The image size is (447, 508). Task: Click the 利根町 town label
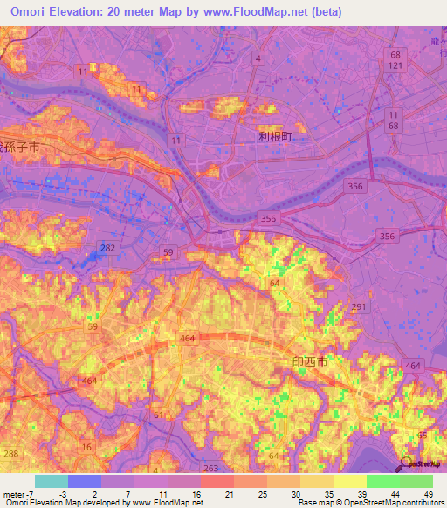click(273, 137)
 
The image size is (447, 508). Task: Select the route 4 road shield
click(258, 58)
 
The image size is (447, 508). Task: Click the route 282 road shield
click(107, 249)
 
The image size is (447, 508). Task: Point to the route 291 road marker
click(358, 306)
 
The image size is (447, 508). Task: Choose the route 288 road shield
click(10, 455)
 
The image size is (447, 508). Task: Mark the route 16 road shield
click(86, 446)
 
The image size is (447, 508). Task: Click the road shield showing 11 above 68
click(393, 121)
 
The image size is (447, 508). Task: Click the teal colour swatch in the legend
click(51, 481)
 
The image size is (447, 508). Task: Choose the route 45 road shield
click(423, 435)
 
